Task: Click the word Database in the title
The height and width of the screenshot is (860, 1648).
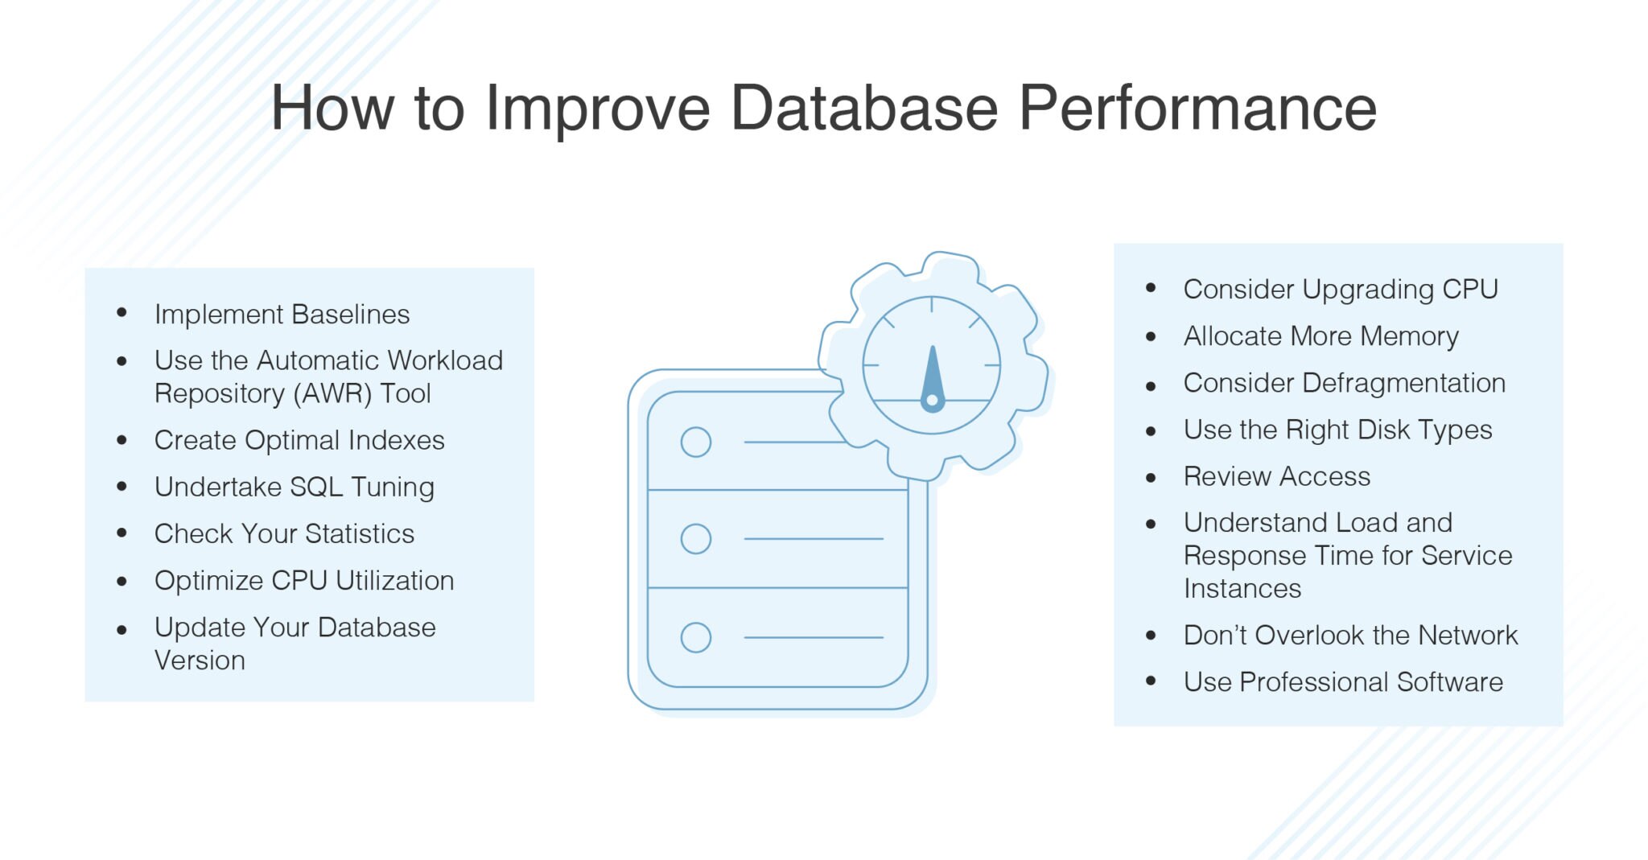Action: tap(863, 108)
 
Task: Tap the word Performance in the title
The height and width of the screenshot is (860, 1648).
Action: tap(1197, 108)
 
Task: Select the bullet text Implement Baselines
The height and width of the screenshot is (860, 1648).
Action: tap(282, 314)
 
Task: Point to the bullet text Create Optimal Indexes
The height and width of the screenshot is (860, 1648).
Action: tap(299, 440)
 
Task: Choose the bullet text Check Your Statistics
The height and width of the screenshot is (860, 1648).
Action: tap(284, 533)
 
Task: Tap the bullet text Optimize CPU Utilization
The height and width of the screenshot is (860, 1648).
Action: tap(304, 580)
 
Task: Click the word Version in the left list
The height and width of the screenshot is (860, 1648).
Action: tap(200, 660)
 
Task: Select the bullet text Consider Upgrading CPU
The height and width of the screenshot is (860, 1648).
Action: tap(1341, 289)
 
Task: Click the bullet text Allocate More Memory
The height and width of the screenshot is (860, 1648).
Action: tap(1320, 335)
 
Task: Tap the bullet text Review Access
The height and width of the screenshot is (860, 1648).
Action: tap(1277, 476)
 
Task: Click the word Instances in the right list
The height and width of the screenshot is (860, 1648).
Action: tap(1242, 589)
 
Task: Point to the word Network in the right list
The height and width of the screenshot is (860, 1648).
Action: tap(1468, 636)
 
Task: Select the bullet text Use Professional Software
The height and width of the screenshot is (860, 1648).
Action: tap(1343, 682)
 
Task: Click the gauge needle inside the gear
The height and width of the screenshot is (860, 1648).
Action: tap(932, 378)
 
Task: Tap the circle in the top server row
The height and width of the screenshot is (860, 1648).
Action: tap(696, 442)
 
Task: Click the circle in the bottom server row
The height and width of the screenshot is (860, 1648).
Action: tap(696, 637)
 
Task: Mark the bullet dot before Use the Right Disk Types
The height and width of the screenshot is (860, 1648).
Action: tap(1151, 431)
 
